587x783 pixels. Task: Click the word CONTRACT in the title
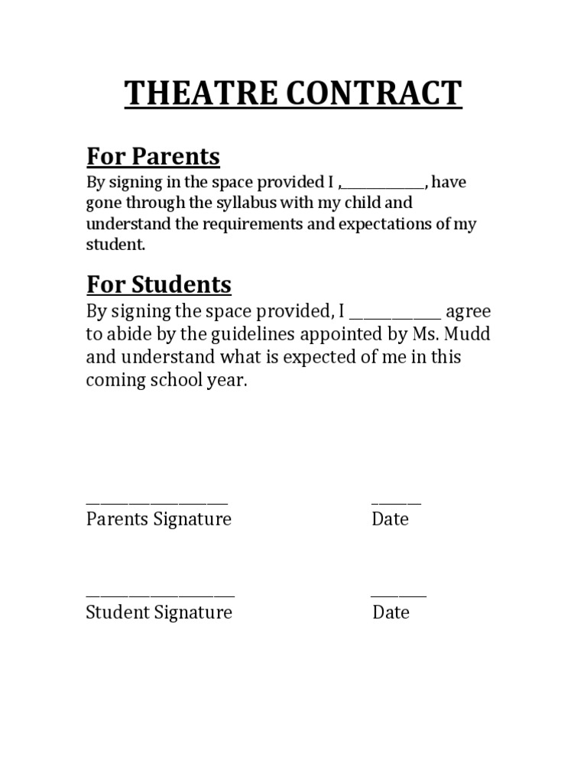pyautogui.click(x=375, y=93)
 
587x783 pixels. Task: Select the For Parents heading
pyautogui.click(x=153, y=157)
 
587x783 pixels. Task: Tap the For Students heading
pyautogui.click(x=158, y=284)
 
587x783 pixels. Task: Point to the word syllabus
pyautogui.click(x=247, y=204)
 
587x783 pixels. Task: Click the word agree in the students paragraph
pyautogui.click(x=468, y=313)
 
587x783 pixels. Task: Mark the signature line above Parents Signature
pyautogui.click(x=157, y=502)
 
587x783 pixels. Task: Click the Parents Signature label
pyautogui.click(x=158, y=519)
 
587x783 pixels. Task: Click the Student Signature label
pyautogui.click(x=159, y=612)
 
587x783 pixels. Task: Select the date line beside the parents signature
pyautogui.click(x=396, y=502)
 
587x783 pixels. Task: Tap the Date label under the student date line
pyautogui.click(x=391, y=612)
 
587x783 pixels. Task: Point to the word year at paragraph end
pyautogui.click(x=226, y=381)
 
